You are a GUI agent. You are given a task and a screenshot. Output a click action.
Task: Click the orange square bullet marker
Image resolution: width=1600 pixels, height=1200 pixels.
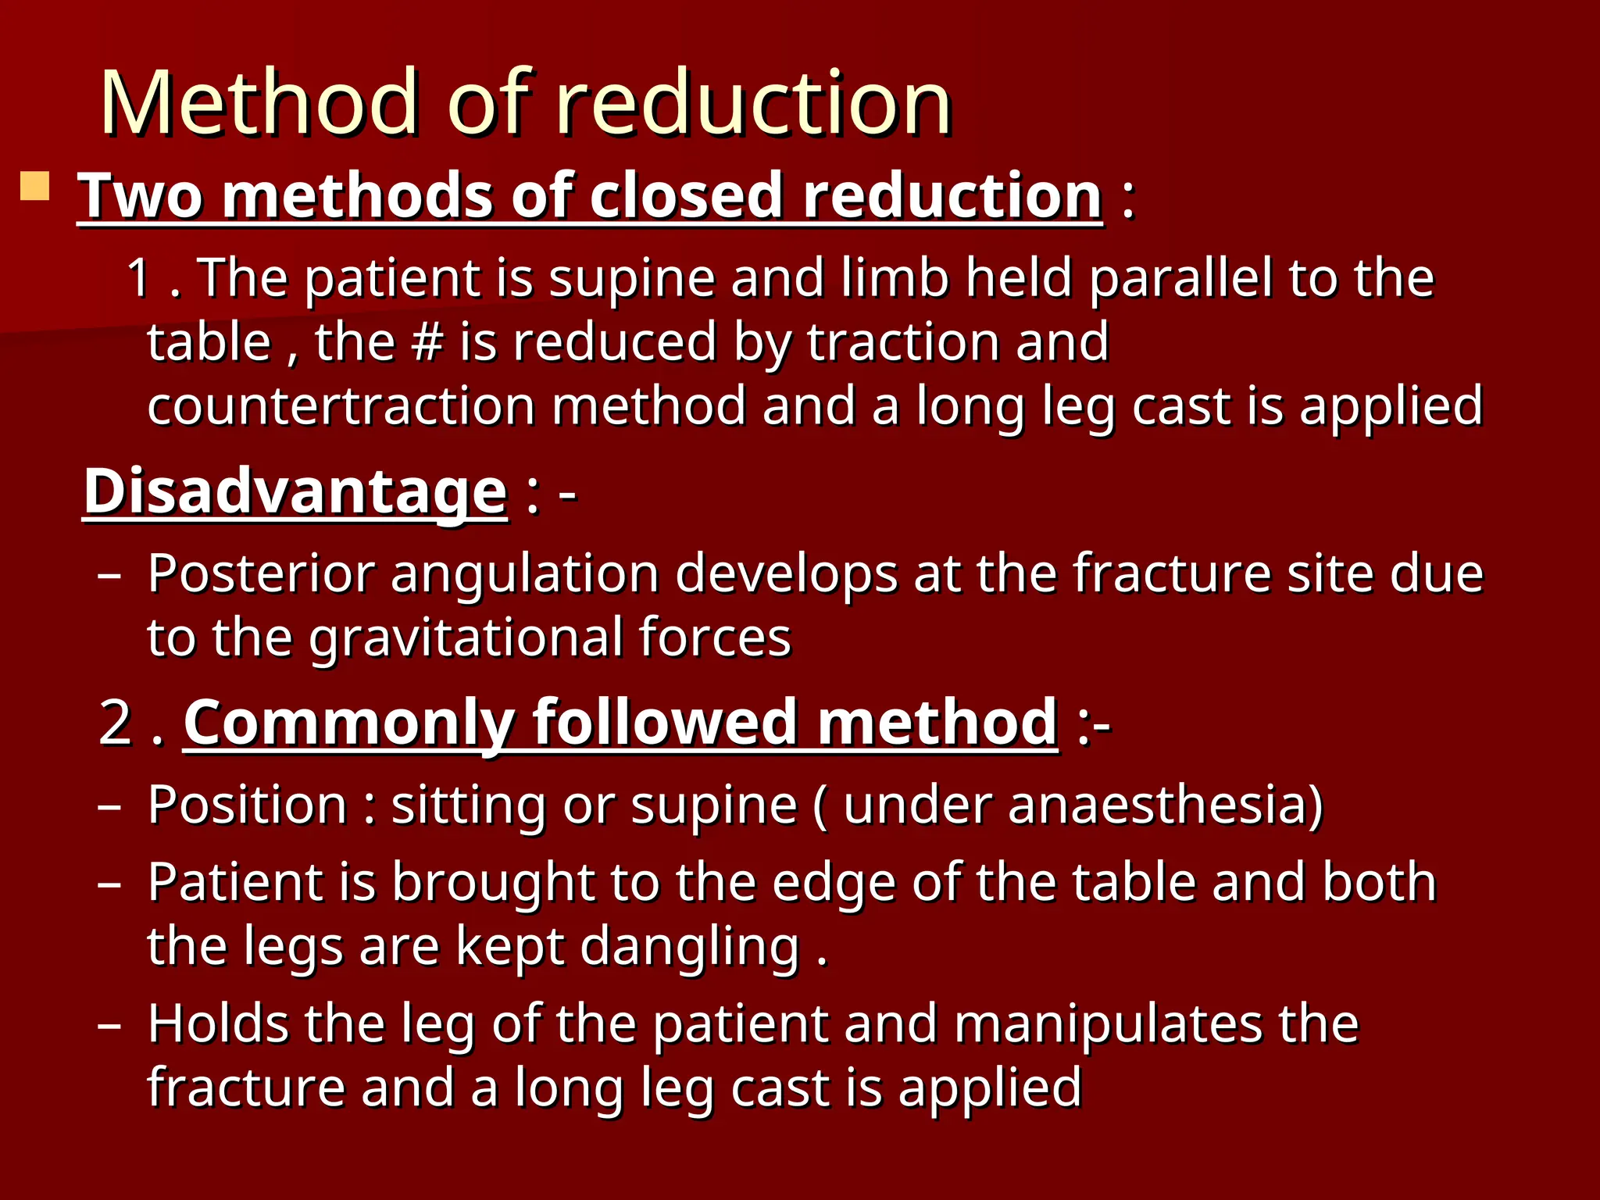click(35, 187)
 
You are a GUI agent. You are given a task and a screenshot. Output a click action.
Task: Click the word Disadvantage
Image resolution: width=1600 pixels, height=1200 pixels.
click(295, 491)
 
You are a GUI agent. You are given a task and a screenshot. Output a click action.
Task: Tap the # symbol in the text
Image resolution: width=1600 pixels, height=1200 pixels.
click(427, 342)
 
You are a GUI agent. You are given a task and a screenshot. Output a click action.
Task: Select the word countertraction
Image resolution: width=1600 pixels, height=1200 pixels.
click(341, 406)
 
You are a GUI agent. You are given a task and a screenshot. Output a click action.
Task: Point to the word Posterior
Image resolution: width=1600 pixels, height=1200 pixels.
click(261, 573)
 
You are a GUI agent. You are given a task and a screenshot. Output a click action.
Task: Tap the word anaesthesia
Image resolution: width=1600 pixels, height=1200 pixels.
click(1155, 804)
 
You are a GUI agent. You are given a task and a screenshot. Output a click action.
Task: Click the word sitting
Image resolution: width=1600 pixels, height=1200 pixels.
click(468, 805)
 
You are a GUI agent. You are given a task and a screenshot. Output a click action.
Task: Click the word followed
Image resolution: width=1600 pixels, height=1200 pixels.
click(666, 722)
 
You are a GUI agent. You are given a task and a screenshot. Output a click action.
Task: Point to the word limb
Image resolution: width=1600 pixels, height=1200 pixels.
click(894, 278)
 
